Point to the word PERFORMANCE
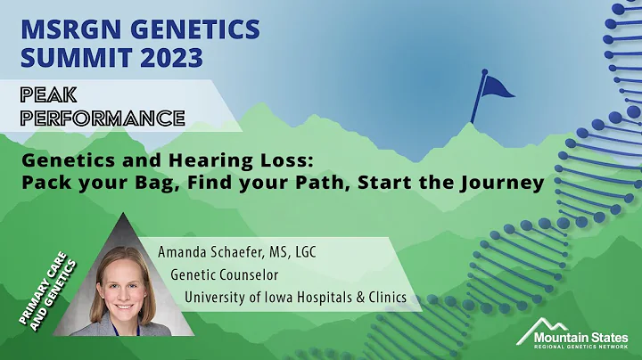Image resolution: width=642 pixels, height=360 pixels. [x=95, y=116]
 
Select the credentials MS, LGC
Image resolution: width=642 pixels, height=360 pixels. [x=290, y=252]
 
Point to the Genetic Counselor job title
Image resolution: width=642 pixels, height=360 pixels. [x=225, y=274]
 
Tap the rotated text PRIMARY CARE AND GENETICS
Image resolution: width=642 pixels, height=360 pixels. [x=48, y=290]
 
